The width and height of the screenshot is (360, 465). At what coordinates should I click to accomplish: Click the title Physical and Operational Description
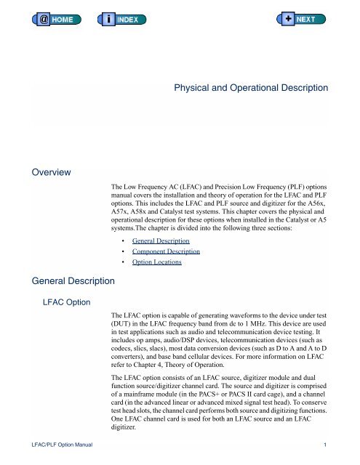coord(251,88)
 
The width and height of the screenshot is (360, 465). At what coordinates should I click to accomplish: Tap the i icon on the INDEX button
coord(108,17)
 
